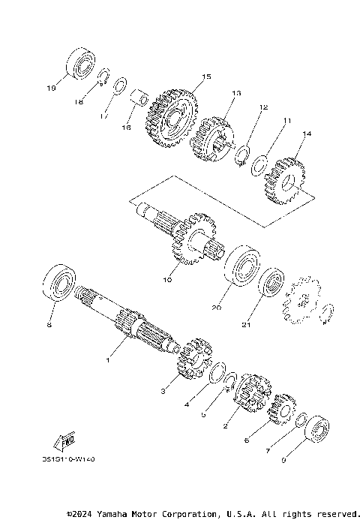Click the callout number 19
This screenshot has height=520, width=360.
click(51, 88)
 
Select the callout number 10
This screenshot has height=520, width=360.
click(166, 280)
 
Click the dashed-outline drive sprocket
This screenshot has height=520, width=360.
click(301, 302)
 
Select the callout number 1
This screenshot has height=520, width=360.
click(107, 360)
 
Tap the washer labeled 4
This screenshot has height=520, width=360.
click(217, 373)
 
